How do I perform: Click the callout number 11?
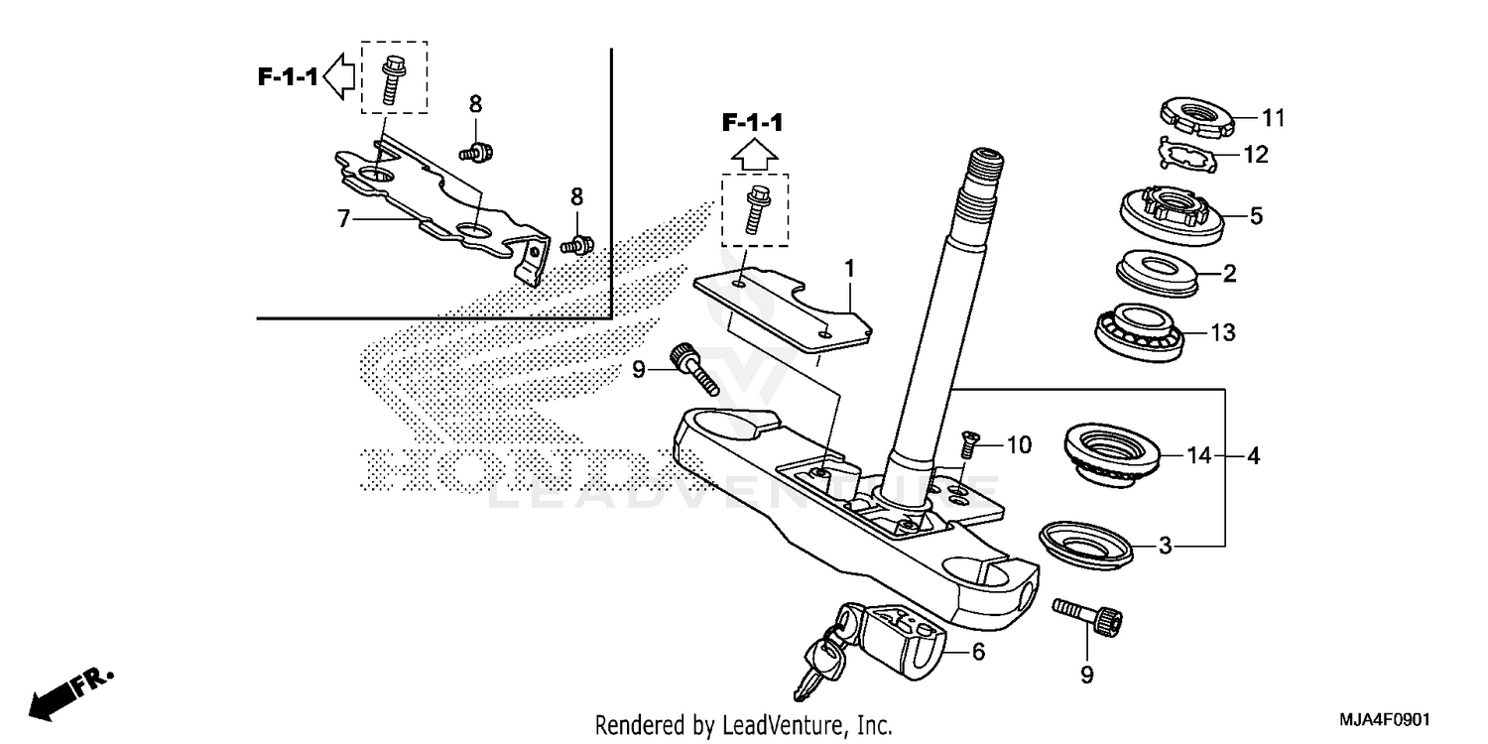coord(1273,118)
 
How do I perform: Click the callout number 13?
coord(1223,332)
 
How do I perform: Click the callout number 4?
coord(1254,457)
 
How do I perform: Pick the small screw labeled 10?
coord(969,449)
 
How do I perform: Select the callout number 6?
coord(978,652)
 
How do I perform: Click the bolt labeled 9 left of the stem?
coord(692,366)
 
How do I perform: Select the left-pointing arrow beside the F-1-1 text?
coord(340,77)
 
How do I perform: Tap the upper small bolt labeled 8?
coord(475,151)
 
